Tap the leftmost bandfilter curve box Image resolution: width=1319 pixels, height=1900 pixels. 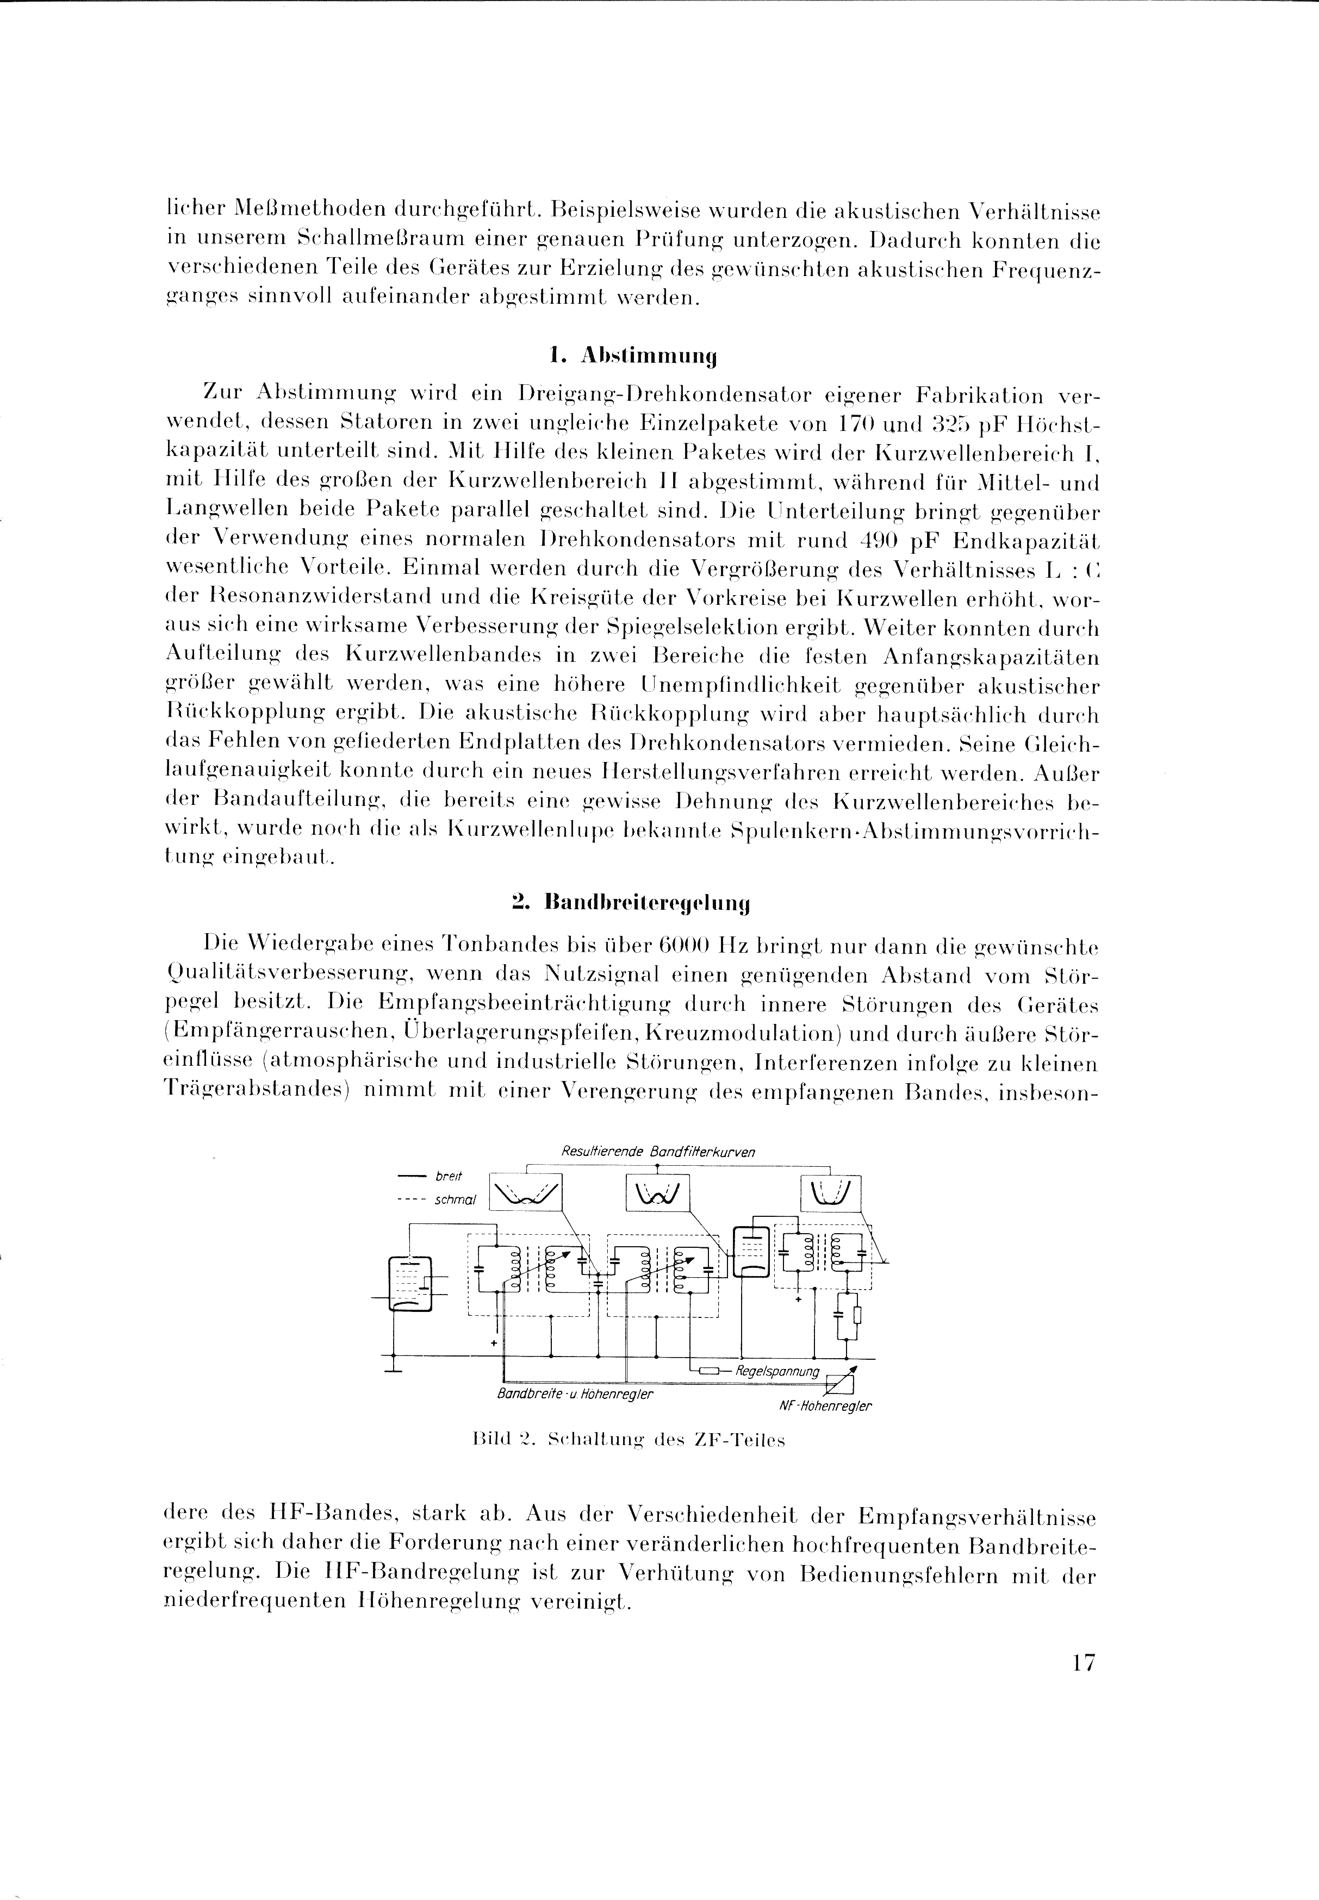(526, 1191)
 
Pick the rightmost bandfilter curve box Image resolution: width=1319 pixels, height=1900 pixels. (831, 1192)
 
